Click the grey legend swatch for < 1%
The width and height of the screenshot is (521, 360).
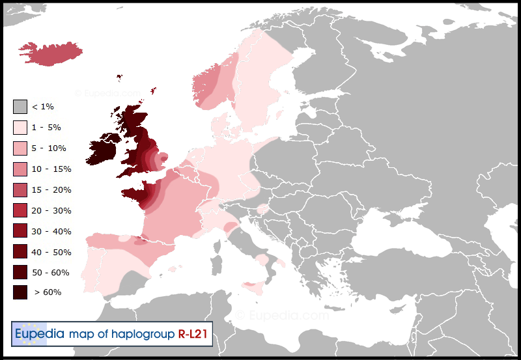[20, 106]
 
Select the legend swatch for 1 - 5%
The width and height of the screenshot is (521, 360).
[20, 127]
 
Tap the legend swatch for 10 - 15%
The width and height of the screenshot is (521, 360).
[20, 169]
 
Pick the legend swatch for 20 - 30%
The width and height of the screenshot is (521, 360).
[20, 210]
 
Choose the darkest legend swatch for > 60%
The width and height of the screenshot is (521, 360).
[20, 292]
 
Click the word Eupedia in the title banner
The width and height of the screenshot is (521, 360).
[40, 334]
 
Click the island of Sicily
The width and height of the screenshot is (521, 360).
[254, 286]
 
